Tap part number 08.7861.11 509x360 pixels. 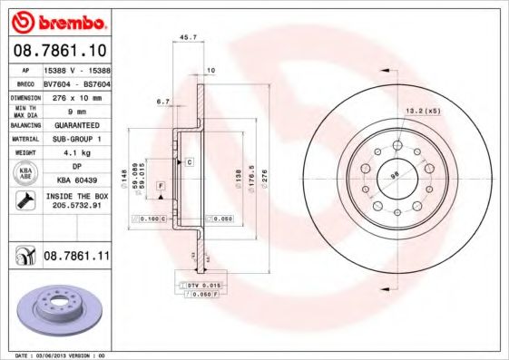click(77, 258)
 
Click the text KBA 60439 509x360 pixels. click(75, 180)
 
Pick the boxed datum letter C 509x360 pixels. click(190, 161)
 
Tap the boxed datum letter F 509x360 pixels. click(161, 186)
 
